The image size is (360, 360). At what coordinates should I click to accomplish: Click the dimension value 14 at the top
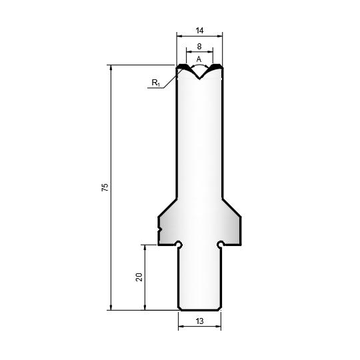tap(199, 30)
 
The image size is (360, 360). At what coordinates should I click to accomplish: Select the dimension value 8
tap(199, 47)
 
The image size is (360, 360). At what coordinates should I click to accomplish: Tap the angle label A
tap(199, 59)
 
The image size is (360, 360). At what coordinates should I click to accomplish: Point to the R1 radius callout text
tap(155, 83)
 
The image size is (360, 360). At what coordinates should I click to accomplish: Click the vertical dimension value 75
tap(105, 187)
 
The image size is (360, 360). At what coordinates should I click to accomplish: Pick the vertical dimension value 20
tap(139, 277)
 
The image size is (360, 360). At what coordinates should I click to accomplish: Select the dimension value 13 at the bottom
tap(200, 321)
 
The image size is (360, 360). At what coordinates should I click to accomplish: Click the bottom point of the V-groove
tap(199, 79)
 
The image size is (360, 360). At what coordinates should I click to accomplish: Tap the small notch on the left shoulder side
tap(160, 229)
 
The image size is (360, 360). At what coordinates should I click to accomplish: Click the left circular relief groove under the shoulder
tap(179, 244)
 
